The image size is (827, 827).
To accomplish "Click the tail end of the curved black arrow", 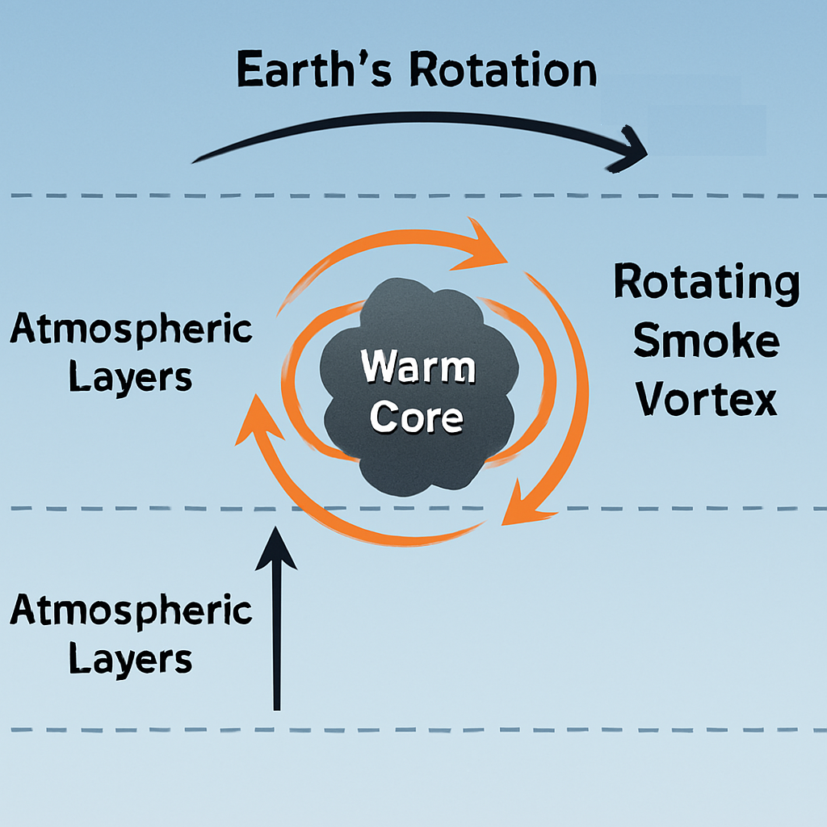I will (195, 159).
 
